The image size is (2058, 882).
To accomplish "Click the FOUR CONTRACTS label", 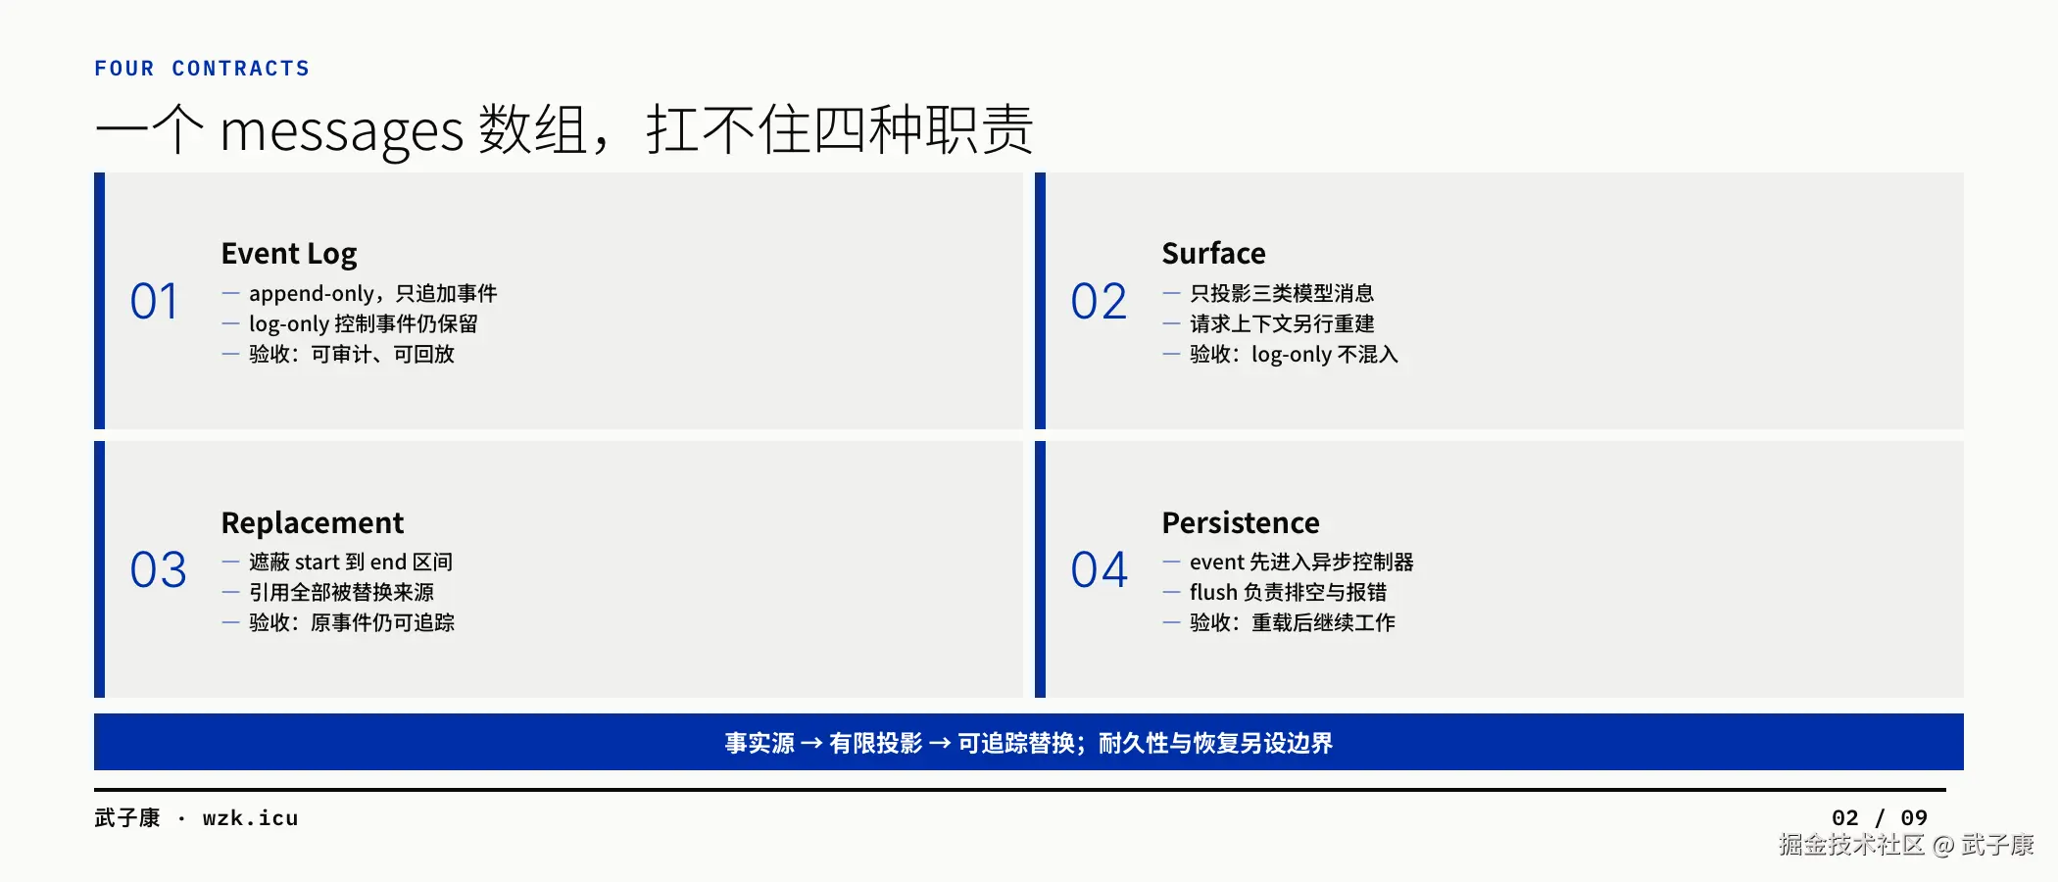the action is [x=202, y=69].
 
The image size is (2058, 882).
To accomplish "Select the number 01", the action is [x=154, y=301].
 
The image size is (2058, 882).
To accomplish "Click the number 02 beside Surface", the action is [x=1099, y=301].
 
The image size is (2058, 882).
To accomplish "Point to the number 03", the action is [x=158, y=569].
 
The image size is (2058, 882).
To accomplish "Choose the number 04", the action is [x=1099, y=569].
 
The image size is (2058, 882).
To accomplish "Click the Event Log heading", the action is [x=289, y=254].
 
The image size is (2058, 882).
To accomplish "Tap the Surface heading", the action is [x=1213, y=253].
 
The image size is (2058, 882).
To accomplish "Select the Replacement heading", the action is [x=313, y=523].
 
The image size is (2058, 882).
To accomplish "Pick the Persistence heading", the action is [x=1241, y=522].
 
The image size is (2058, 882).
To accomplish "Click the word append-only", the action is [x=312, y=294].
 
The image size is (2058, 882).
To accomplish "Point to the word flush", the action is [x=1213, y=592].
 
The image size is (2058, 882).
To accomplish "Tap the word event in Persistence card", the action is [x=1217, y=563].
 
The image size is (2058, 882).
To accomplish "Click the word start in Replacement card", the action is [x=317, y=563].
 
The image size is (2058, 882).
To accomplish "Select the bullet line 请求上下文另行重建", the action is [x=1282, y=323].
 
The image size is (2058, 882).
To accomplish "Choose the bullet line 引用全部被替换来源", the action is [x=341, y=592].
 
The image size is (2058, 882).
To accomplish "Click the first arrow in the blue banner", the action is [x=811, y=744].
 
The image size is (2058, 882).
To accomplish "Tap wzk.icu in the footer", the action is [x=250, y=818].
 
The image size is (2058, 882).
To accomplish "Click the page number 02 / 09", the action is [x=1880, y=818].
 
